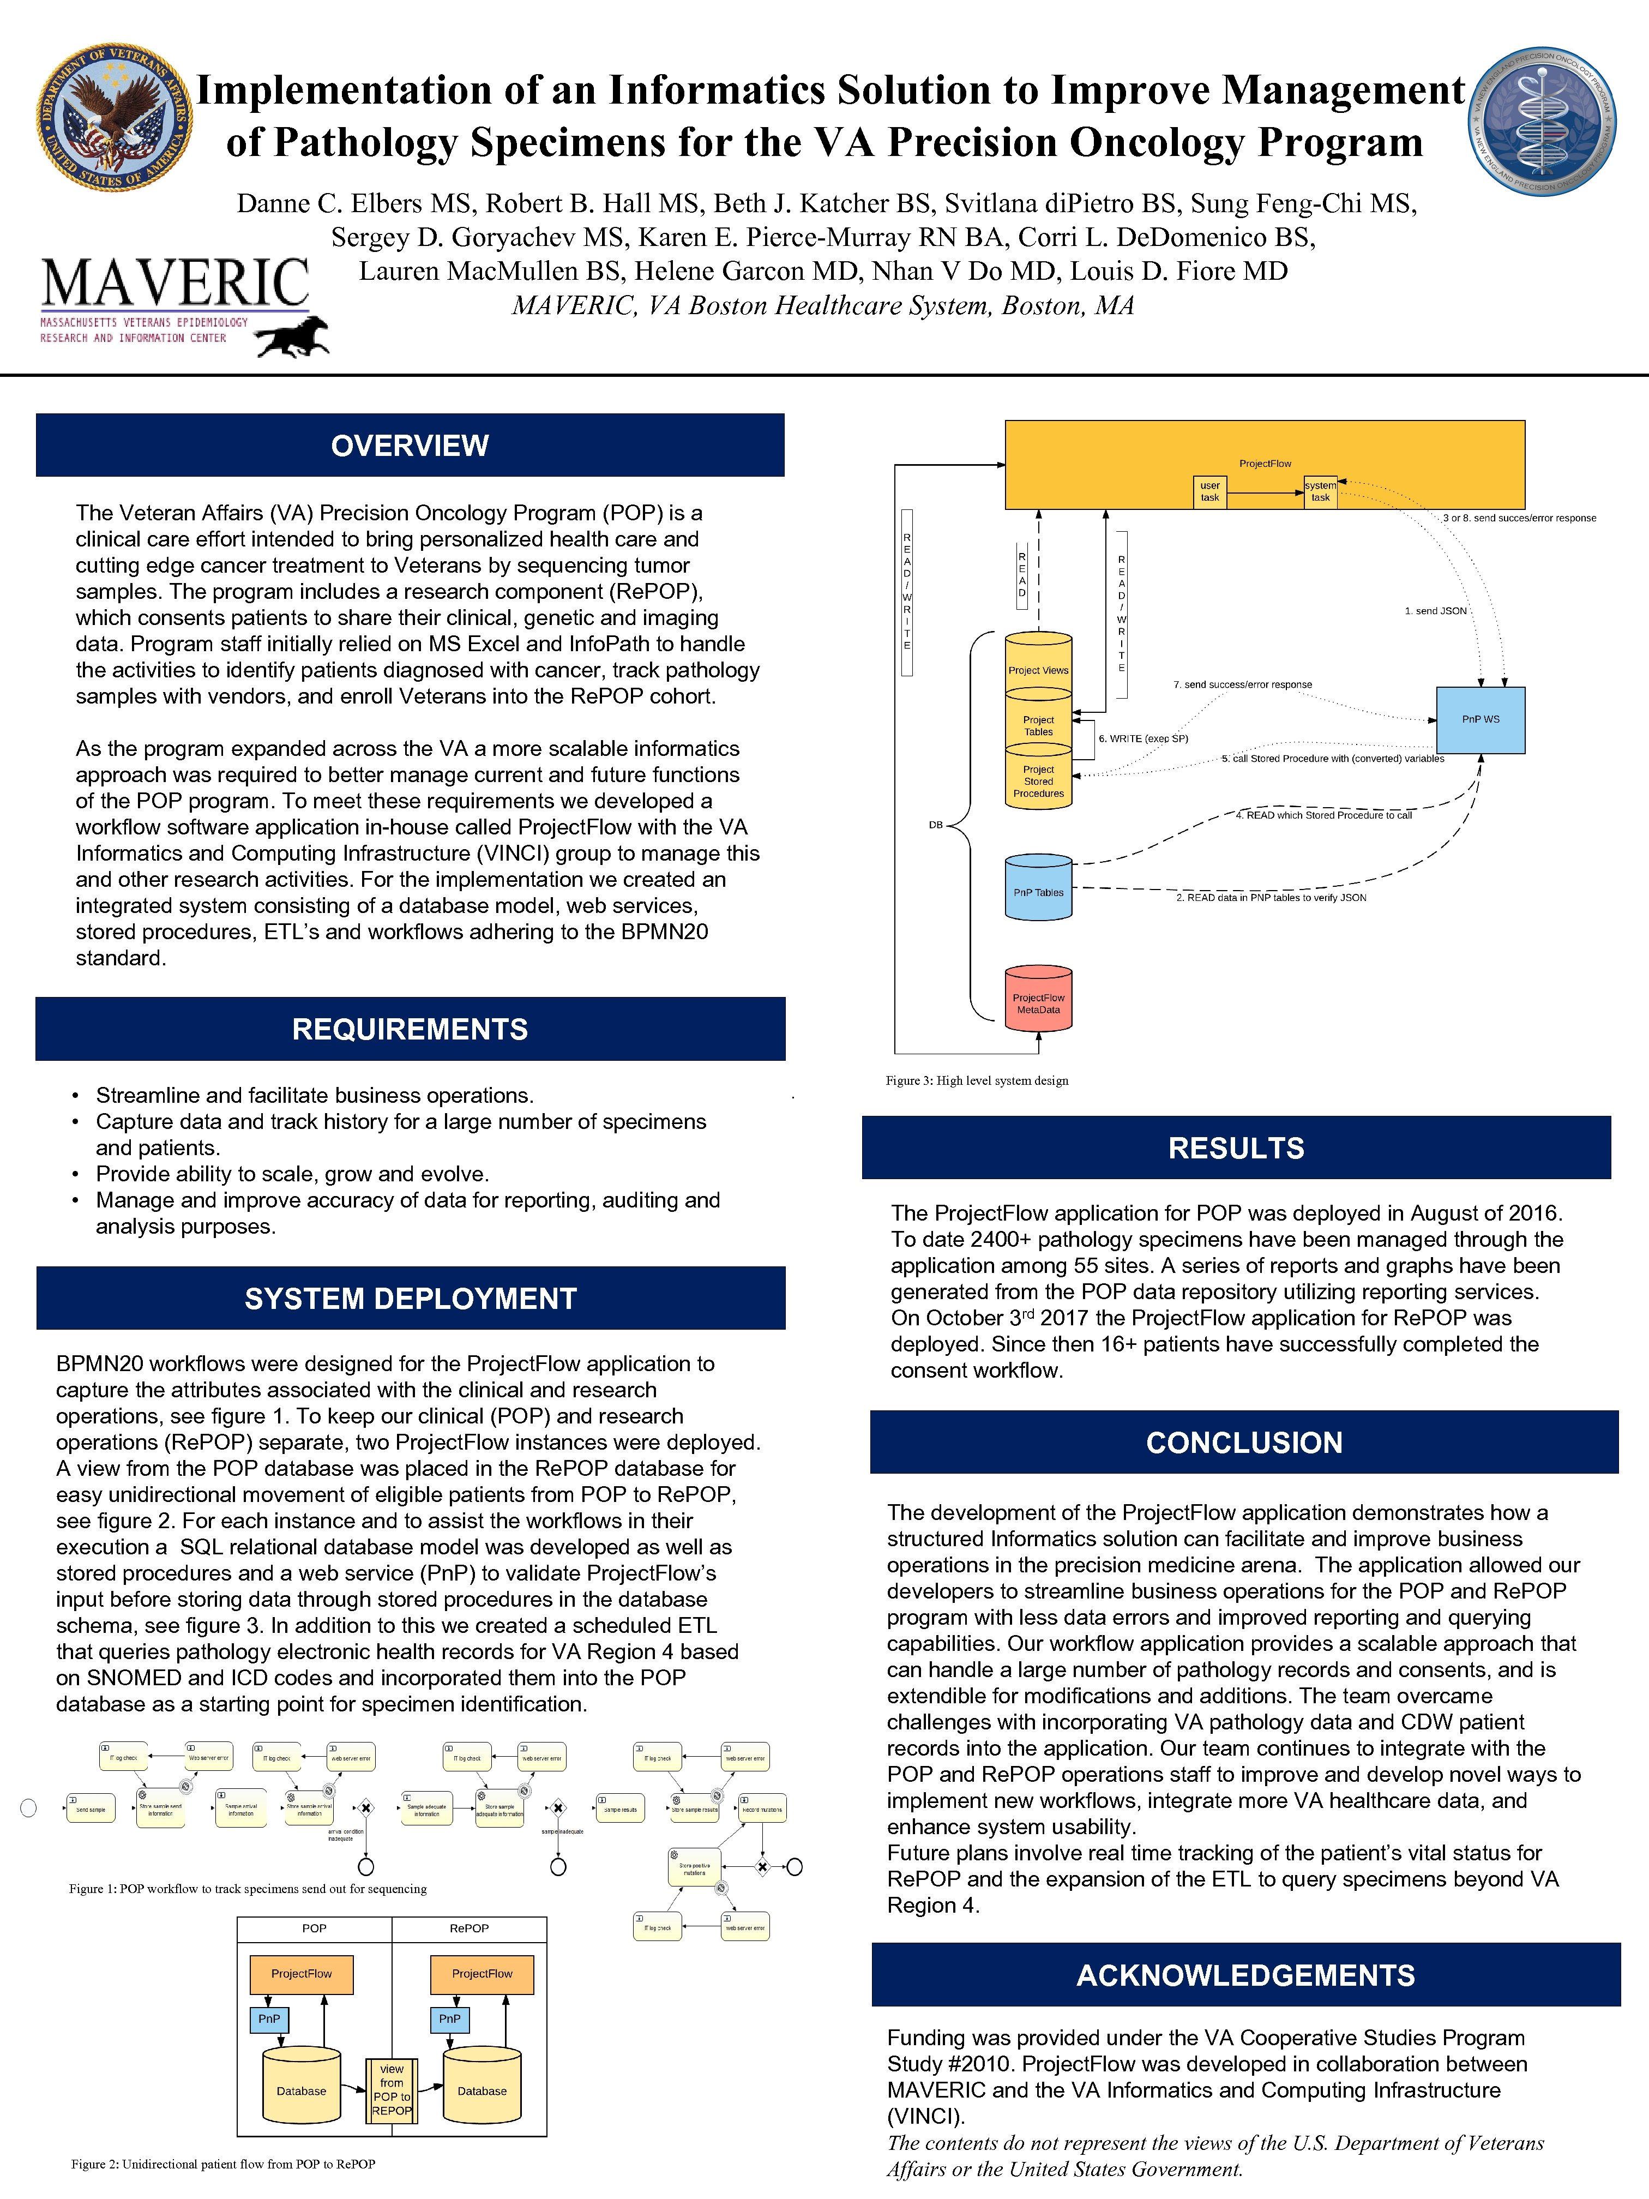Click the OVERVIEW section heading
pyautogui.click(x=410, y=446)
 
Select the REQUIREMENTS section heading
pyautogui.click(x=410, y=1029)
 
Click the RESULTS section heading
pyautogui.click(x=1236, y=1148)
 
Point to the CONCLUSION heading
pyautogui.click(x=1243, y=1443)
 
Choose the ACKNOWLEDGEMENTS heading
pyautogui.click(x=1245, y=1975)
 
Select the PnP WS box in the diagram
pyautogui.click(x=1480, y=720)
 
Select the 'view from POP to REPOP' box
pyautogui.click(x=392, y=2089)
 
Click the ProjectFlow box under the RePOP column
pyautogui.click(x=482, y=1973)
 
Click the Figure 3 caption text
pyautogui.click(x=977, y=1080)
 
